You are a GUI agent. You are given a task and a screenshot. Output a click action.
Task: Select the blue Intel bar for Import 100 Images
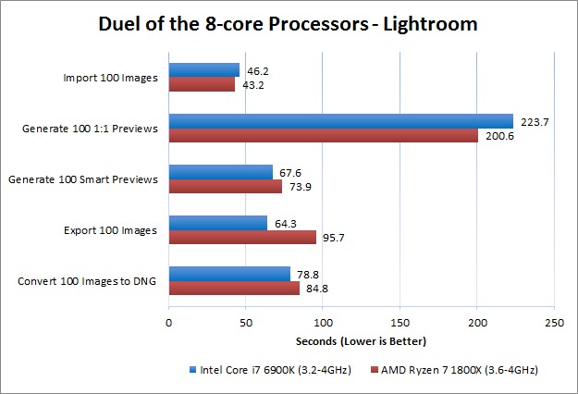click(203, 70)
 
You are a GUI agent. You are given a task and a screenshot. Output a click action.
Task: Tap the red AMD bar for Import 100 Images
click(202, 84)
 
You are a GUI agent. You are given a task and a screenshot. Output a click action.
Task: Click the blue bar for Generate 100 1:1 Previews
click(340, 121)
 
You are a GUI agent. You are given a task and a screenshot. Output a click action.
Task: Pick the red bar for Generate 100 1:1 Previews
click(323, 135)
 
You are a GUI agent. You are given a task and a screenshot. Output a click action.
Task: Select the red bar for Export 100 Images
click(242, 237)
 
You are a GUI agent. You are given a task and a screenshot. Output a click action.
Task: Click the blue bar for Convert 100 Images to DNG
click(228, 274)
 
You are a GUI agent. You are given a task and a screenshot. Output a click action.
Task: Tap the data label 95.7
click(332, 237)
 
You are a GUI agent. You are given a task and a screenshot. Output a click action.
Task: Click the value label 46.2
click(255, 69)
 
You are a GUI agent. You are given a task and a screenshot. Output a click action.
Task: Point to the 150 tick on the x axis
click(400, 323)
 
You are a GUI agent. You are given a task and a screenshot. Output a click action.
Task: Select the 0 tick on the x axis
click(168, 323)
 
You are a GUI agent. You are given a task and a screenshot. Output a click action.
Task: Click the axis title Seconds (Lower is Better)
click(361, 341)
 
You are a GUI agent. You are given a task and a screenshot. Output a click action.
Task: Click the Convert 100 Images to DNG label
click(88, 280)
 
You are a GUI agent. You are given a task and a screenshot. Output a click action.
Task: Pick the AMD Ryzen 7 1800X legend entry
click(451, 370)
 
